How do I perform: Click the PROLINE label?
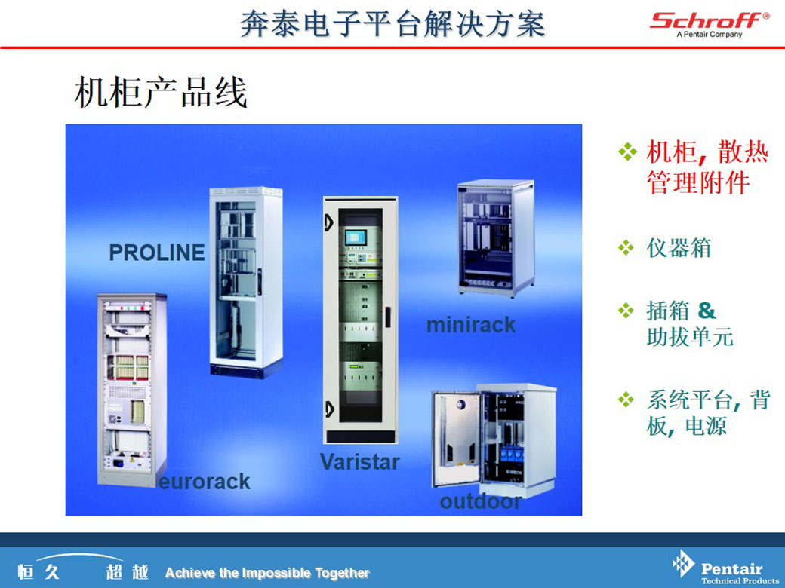tap(157, 253)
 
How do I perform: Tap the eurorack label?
tap(205, 482)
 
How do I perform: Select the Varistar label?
tap(359, 461)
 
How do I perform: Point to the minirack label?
tap(470, 325)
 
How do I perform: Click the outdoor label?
tap(480, 501)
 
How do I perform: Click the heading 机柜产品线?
tap(161, 93)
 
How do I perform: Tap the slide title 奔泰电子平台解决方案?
tap(392, 23)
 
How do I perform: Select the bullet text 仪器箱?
tap(679, 248)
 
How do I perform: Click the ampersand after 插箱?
tap(706, 311)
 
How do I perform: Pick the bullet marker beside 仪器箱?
tap(626, 247)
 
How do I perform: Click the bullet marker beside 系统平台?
tap(626, 400)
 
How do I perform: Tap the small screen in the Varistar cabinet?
tap(355, 237)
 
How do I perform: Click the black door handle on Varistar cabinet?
tap(387, 317)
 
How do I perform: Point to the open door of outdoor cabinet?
tap(456, 439)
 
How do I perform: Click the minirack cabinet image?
tap(496, 237)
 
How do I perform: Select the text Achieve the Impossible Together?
tap(267, 572)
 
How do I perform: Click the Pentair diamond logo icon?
tap(683, 564)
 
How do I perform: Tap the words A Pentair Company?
tap(710, 35)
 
